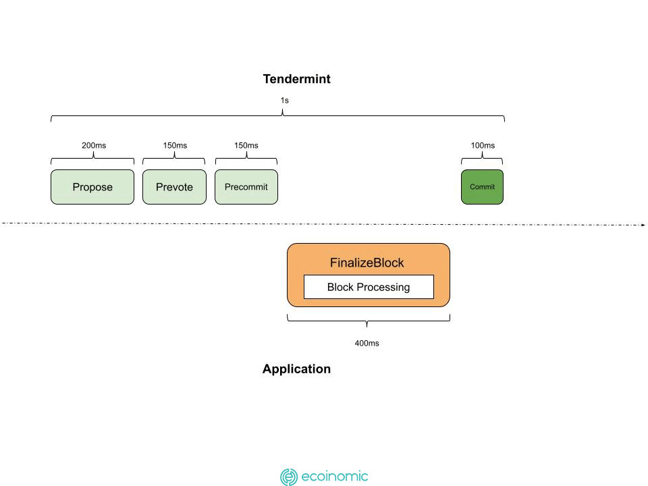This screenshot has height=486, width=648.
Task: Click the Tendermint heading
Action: (x=297, y=79)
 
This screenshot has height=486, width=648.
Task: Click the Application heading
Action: (x=297, y=369)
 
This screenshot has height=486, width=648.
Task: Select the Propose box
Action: (x=92, y=187)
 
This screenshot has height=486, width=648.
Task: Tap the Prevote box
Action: (x=174, y=187)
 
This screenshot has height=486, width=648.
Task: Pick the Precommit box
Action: (x=246, y=187)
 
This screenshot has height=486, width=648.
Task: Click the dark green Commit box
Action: (x=482, y=187)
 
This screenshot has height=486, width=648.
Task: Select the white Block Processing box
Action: (x=369, y=287)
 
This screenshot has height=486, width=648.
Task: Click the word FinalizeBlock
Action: (x=367, y=263)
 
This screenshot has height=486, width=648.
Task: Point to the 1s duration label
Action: (x=285, y=101)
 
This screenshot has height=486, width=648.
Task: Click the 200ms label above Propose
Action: (x=94, y=146)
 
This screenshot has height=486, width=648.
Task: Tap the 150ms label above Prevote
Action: (x=175, y=146)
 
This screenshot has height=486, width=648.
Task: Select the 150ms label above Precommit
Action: (x=246, y=146)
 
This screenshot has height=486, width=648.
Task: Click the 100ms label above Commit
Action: (x=483, y=146)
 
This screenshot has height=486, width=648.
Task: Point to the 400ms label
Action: (x=367, y=343)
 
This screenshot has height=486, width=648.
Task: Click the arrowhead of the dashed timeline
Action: (x=643, y=225)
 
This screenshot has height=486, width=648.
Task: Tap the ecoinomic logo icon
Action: (x=289, y=477)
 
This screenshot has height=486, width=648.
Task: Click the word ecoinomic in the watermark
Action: (x=335, y=477)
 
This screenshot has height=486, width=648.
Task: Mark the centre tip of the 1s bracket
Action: (x=283, y=110)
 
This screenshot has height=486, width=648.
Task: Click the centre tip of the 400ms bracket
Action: (x=367, y=327)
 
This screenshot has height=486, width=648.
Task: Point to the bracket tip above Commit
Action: (x=482, y=153)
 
